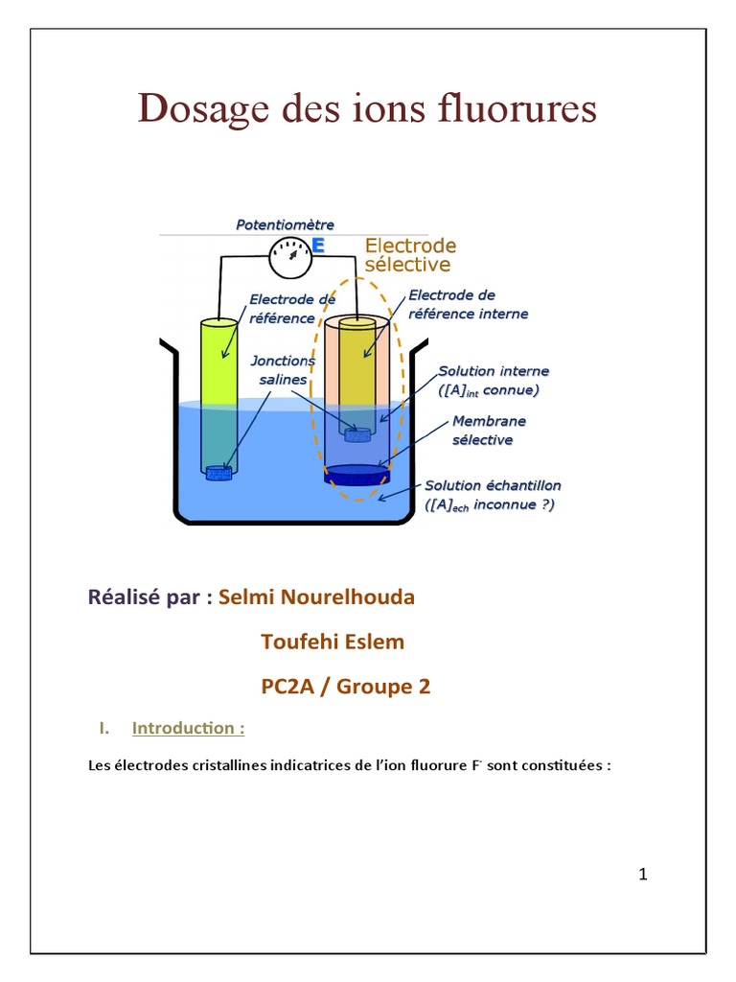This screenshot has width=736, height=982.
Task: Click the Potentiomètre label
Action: [285, 224]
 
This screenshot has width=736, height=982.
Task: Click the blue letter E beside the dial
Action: [318, 246]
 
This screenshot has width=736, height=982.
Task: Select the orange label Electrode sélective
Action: [410, 254]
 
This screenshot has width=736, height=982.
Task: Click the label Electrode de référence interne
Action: [467, 304]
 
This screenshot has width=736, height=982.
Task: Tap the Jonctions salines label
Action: [280, 369]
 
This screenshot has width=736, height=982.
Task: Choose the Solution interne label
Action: [494, 380]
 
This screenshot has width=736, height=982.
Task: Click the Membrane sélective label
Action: [489, 430]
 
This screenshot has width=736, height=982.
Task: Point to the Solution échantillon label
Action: [493, 494]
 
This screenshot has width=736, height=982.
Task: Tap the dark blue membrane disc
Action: [356, 473]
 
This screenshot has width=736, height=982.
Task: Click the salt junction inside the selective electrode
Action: [356, 434]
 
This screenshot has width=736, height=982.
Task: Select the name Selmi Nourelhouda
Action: [316, 597]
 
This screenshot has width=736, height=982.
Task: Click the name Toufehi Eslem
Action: [333, 642]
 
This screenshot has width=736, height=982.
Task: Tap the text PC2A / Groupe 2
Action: [346, 687]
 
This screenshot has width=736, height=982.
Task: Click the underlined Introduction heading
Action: [188, 728]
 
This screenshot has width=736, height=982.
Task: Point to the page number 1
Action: [643, 874]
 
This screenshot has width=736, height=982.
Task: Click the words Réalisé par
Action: [149, 597]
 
